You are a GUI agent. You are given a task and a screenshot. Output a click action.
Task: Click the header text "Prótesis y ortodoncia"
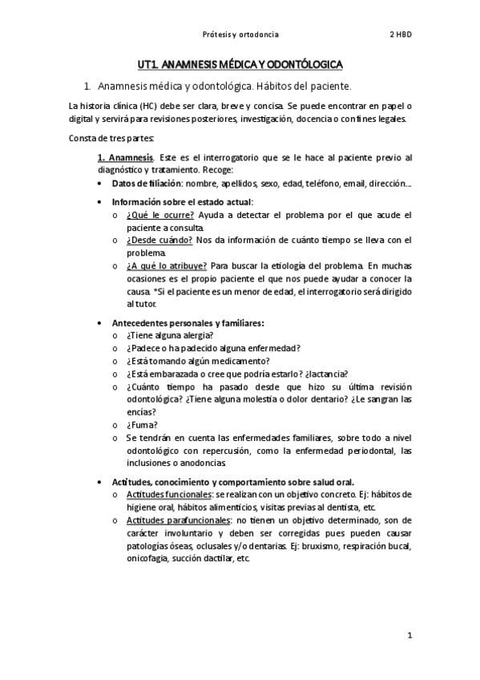click(240, 34)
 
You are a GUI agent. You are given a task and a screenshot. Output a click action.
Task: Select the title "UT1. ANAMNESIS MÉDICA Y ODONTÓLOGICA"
click(240, 63)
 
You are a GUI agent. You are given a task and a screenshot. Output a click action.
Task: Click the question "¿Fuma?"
click(142, 424)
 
